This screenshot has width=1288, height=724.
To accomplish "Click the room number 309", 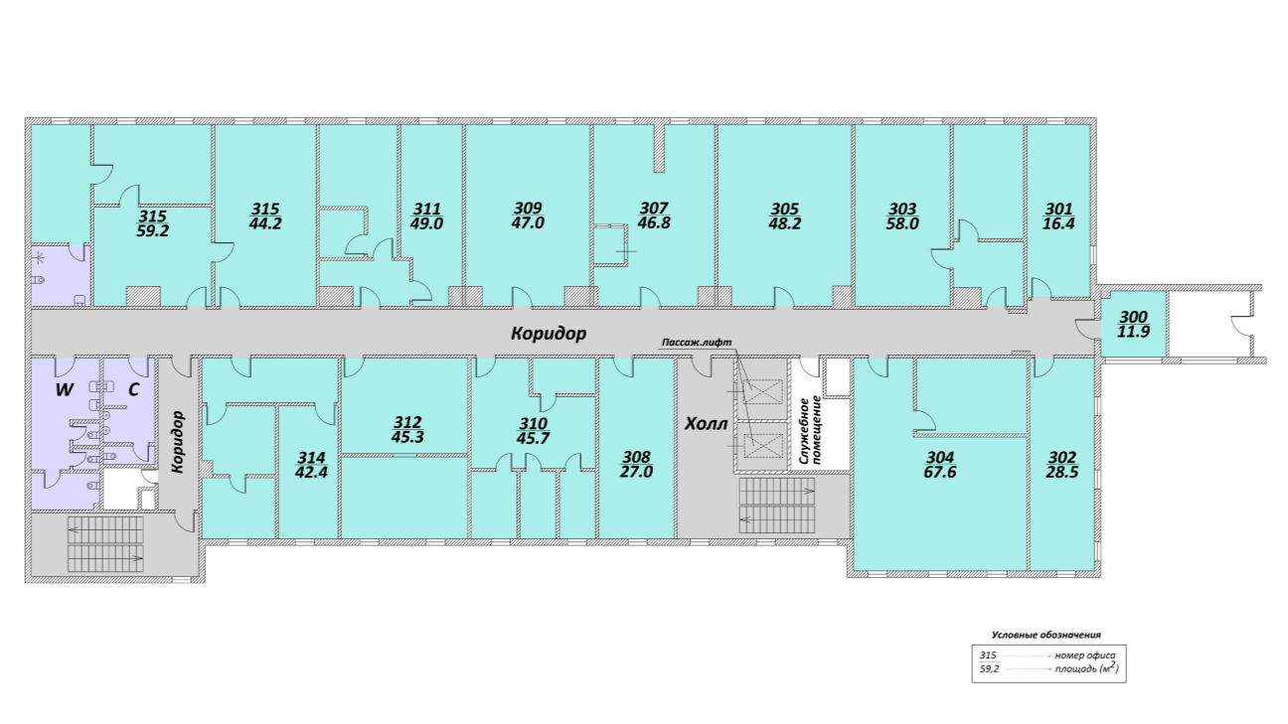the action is pos(528,208).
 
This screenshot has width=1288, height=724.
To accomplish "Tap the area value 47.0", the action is pos(528,222).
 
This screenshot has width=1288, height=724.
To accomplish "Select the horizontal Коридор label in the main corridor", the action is pos(549,334).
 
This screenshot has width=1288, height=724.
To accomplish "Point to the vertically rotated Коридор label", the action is pos(178,442).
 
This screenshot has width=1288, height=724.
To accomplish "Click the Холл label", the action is pos(706,424).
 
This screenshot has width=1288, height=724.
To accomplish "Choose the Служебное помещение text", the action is pos(811,430).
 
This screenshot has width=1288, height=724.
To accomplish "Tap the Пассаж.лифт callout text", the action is pos(697,343).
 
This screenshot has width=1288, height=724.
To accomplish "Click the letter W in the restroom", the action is pos(65,389).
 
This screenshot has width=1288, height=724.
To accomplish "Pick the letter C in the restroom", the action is pos(133,389).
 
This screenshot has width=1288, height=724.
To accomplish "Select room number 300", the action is pos(1134,317).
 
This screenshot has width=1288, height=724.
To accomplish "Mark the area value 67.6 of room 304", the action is pos(940,473).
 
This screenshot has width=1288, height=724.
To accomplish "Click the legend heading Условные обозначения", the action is pos(1046,635).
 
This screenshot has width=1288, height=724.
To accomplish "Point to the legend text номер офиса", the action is pos(1084,655).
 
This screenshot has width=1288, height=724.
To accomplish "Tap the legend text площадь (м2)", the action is pos(1086,668).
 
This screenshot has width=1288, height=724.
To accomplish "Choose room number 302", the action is pos(1062,458).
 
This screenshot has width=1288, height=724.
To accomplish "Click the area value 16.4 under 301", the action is pos(1058,223).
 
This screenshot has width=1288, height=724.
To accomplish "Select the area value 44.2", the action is pos(265,222).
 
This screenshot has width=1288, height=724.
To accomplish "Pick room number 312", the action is pos(407,422).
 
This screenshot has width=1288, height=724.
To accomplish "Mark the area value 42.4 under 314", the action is pos(311,473).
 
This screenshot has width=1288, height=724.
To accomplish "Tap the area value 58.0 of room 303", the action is pos(902,223).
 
